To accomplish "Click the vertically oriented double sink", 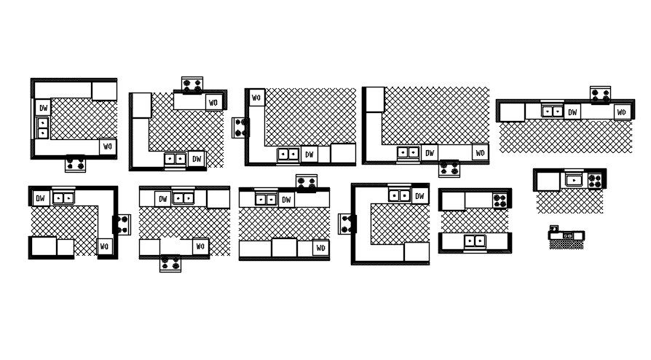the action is tap(43, 128).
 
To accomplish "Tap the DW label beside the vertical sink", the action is tap(43, 108).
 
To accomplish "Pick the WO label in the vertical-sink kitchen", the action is tap(107, 146).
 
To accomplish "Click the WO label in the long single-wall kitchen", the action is tap(621, 111).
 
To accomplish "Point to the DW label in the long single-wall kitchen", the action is tap(573, 111).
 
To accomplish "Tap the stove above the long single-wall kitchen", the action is tap(600, 93).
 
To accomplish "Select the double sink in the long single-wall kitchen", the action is tap(553, 111).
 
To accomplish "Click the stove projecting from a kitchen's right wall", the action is tap(122, 224).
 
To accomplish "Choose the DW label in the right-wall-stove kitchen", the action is tap(42, 197).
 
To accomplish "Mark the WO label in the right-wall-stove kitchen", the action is tap(105, 247).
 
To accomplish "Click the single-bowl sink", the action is tap(575, 179).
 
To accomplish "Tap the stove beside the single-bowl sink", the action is tap(595, 179).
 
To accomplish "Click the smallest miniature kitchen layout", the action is tap(566, 237).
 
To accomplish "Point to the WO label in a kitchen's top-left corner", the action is tap(256, 98).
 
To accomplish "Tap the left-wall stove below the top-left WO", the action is tap(240, 128).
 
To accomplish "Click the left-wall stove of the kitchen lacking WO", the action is tap(346, 224).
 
